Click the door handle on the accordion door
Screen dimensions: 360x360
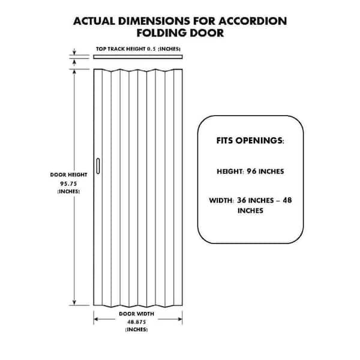point(98,166)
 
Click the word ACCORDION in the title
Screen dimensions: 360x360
point(253,21)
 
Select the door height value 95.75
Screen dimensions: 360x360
point(68,184)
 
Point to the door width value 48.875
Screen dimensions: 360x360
point(137,322)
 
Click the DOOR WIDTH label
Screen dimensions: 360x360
point(137,314)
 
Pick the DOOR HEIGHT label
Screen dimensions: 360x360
point(68,175)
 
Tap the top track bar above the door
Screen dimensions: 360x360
point(138,57)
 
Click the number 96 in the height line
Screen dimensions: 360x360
point(251,171)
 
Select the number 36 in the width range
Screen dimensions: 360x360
point(242,200)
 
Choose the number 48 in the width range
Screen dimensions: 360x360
point(287,200)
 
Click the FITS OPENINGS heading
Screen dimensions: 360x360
point(250,140)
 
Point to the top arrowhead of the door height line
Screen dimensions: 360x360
point(74,71)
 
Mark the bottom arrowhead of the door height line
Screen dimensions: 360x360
point(74,302)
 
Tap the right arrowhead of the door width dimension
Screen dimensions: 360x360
point(180,319)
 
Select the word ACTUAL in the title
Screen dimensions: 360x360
point(94,21)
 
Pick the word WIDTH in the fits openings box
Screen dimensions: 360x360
point(221,200)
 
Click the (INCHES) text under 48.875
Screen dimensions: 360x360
point(137,329)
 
